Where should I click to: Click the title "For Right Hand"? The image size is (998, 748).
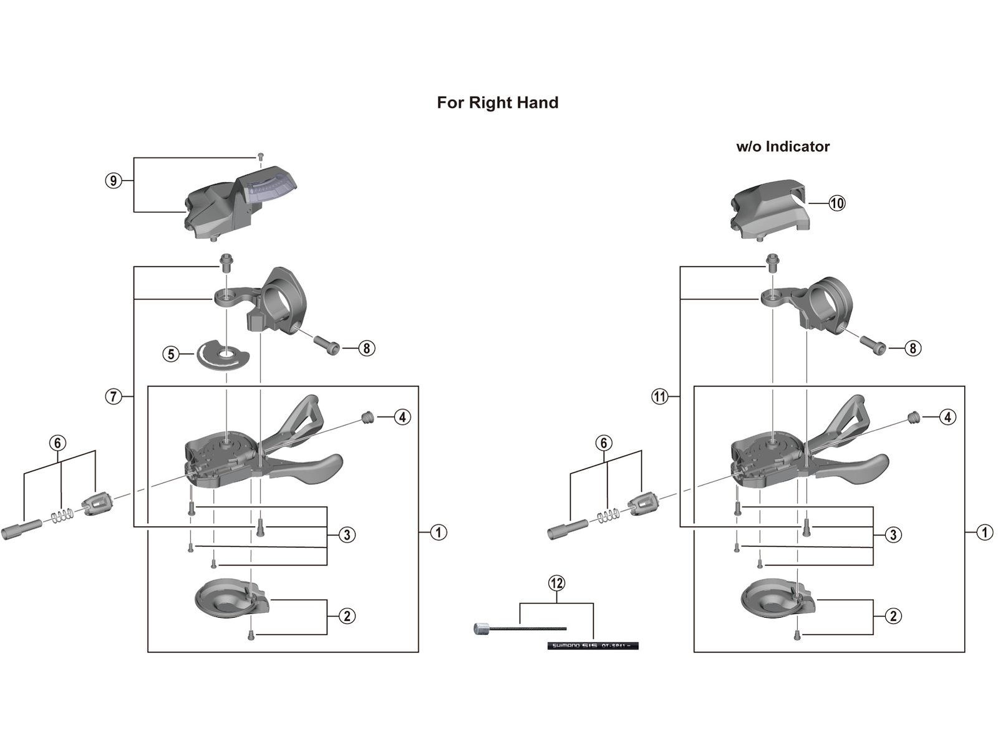click(497, 103)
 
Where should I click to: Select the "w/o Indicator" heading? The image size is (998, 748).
click(783, 147)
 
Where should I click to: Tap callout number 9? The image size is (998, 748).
click(112, 181)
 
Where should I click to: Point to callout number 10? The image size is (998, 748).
click(836, 203)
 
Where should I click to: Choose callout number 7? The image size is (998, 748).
click(113, 396)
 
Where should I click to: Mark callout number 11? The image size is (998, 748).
click(660, 396)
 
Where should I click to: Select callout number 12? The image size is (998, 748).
click(556, 583)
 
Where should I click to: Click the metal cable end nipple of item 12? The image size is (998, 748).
click(482, 629)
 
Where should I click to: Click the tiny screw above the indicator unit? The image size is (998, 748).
click(261, 156)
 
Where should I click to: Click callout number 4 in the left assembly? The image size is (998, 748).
click(402, 417)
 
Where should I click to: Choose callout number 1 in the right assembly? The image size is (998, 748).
click(985, 533)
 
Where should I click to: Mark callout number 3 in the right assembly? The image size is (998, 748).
click(893, 535)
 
